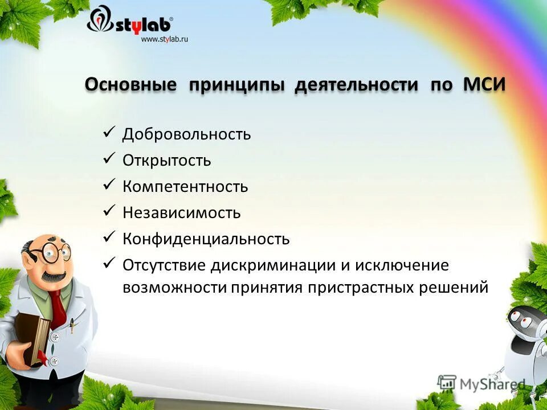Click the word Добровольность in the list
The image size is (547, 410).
pos(186,134)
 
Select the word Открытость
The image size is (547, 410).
pos(166,161)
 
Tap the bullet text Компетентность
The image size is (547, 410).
pos(185,187)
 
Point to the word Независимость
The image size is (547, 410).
pos(181,213)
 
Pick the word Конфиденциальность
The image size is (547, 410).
pos(206,239)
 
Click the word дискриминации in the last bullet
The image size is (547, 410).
pos(278,265)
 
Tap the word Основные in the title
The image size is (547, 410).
pos(130,85)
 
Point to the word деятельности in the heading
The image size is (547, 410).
pos(356,85)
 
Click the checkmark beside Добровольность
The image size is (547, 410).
pos(110,133)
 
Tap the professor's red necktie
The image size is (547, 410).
pos(58,308)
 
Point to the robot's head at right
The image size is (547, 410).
pos(527,325)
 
